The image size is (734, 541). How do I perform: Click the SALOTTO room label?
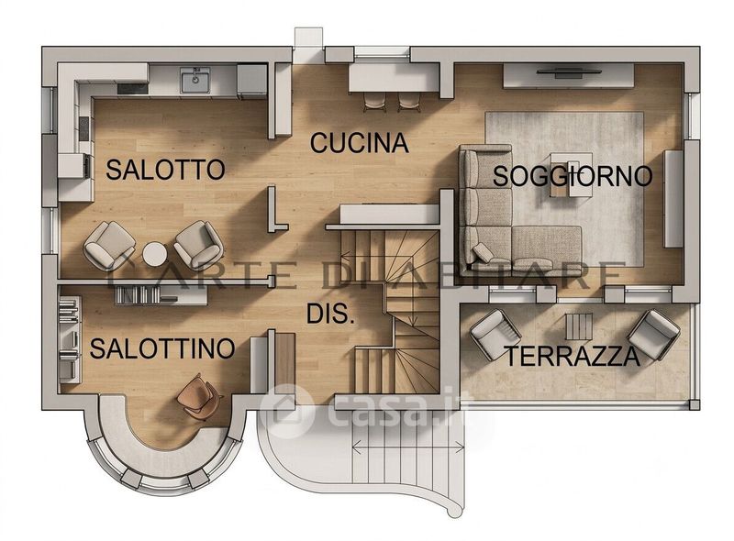(x=165, y=170)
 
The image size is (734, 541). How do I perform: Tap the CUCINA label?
(x=360, y=143)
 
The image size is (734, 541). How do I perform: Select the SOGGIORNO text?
(x=573, y=176)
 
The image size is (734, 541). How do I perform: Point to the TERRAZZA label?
(x=573, y=357)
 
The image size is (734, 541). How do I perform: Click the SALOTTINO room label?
(x=162, y=348)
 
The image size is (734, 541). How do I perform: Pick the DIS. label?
(x=330, y=314)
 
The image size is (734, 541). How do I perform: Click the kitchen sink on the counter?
(x=195, y=80)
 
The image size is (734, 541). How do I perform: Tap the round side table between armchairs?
(x=155, y=254)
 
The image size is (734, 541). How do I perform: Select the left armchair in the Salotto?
(x=109, y=245)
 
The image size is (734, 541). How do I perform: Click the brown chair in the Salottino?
(x=198, y=397)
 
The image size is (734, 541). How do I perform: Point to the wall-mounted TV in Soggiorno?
(x=568, y=72)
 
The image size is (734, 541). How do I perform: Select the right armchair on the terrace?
(x=653, y=335)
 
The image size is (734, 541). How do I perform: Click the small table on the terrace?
(x=579, y=326)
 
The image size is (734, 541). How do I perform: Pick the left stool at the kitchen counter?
(x=375, y=102)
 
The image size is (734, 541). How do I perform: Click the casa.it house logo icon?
(x=286, y=412)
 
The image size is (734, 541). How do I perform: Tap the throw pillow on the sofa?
(x=483, y=253)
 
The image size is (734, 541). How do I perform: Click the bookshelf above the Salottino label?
(x=161, y=295)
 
